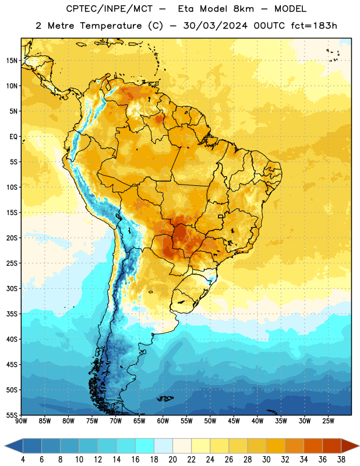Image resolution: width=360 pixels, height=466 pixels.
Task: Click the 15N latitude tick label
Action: point(12,61)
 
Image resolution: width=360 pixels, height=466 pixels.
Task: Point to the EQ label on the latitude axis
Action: point(13,137)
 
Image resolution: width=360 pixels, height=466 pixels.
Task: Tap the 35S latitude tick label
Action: point(12,314)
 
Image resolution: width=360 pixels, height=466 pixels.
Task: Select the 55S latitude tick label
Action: point(12,415)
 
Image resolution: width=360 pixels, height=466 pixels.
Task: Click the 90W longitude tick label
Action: point(21,421)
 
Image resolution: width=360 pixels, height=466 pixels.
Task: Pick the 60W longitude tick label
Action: point(163,421)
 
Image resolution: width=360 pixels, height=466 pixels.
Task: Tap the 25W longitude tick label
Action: point(328,421)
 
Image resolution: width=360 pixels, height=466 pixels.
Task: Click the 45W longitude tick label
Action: point(234,421)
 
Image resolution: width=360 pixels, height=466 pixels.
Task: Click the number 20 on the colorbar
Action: point(172,460)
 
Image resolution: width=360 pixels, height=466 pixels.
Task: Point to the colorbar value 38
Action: point(341,460)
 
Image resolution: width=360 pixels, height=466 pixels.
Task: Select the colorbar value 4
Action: point(23,460)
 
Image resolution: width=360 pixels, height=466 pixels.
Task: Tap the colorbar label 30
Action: point(266,460)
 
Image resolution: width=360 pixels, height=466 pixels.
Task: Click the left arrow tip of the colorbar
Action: point(5,446)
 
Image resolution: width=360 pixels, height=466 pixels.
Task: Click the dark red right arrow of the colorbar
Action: point(350,446)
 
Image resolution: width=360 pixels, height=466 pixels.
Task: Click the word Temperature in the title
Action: point(111,26)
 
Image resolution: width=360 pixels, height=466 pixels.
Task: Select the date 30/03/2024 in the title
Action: point(215,26)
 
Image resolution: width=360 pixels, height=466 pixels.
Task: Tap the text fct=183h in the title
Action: point(314,26)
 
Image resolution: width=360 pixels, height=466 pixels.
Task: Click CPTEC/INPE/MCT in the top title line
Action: point(110,9)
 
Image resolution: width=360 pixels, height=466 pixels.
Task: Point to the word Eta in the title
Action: point(186,9)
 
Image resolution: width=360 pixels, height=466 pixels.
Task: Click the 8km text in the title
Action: point(243,9)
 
